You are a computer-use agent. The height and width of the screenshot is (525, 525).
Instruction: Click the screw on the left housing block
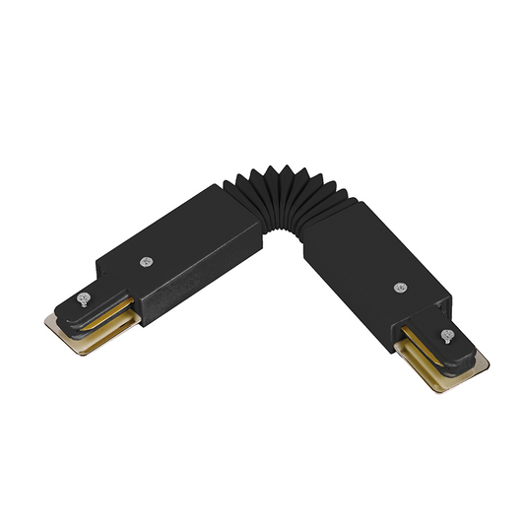[146, 262]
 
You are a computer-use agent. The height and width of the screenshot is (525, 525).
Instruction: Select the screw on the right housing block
[400, 288]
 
